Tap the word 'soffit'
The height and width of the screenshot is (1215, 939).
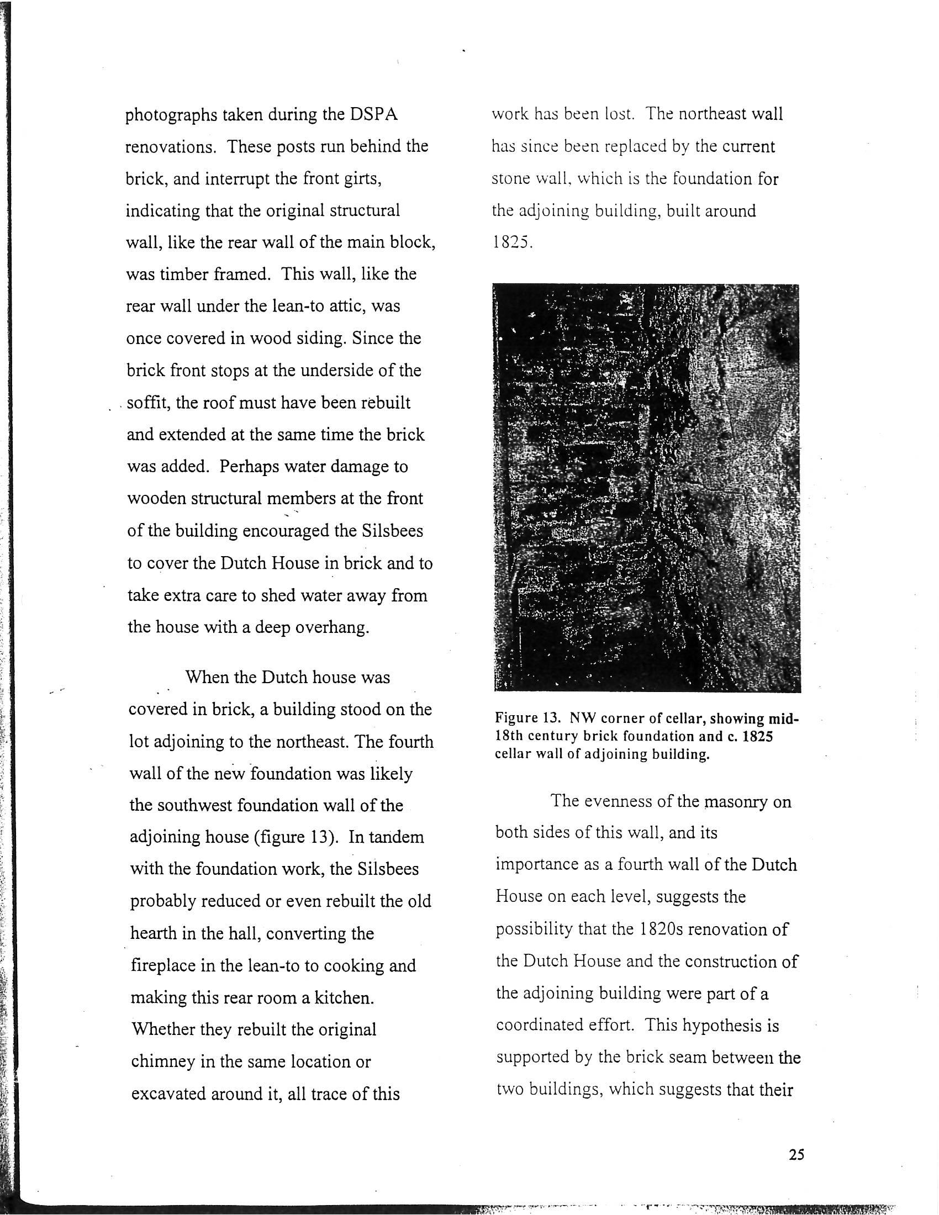[149, 402]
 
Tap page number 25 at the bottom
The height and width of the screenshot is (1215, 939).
[796, 1154]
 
